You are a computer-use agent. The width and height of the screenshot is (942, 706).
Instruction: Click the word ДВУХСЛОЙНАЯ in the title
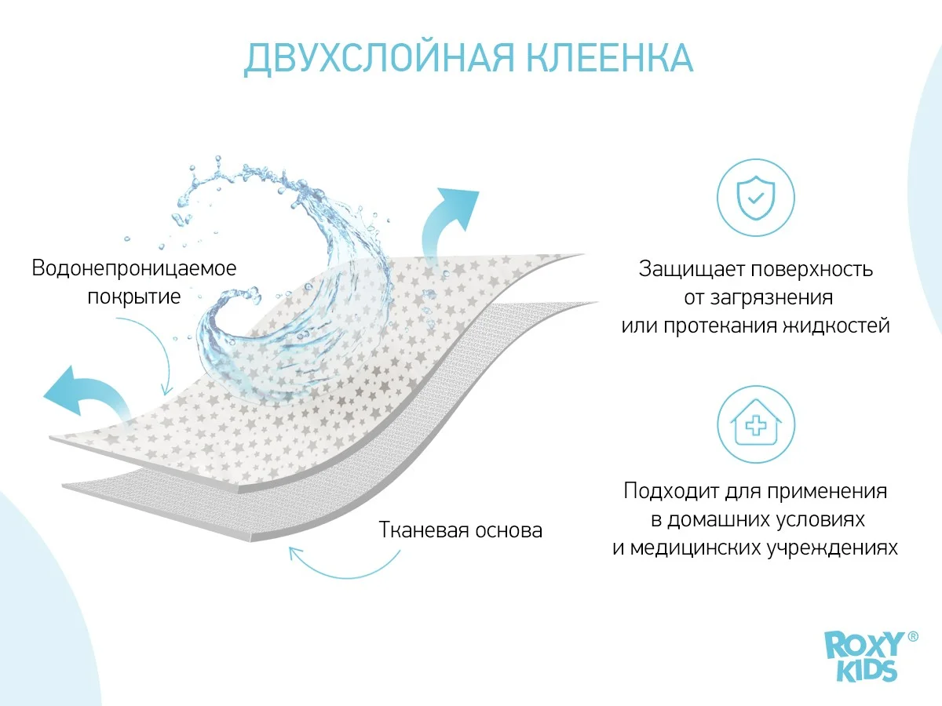click(x=379, y=58)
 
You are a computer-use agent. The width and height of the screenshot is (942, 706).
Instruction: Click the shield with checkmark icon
click(x=756, y=198)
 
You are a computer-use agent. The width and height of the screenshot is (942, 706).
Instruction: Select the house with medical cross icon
click(x=756, y=424)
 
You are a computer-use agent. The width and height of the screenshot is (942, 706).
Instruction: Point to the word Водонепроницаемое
click(x=134, y=268)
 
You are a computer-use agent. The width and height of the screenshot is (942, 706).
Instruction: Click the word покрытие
click(x=134, y=297)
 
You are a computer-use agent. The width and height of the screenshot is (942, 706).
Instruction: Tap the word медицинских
click(x=696, y=548)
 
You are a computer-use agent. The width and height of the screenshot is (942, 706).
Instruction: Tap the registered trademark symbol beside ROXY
click(x=913, y=636)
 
